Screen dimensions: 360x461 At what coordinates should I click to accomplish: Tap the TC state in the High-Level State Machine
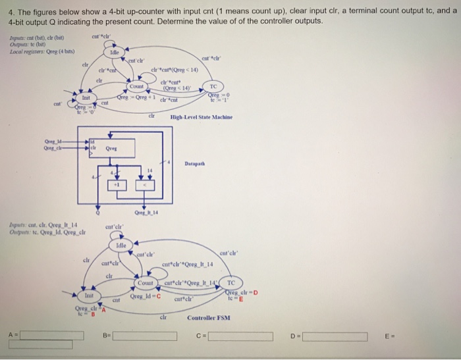[x=213, y=85]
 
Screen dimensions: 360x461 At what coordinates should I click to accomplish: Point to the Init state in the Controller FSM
[x=89, y=296]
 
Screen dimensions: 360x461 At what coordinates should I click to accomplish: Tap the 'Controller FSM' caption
[x=209, y=318]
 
